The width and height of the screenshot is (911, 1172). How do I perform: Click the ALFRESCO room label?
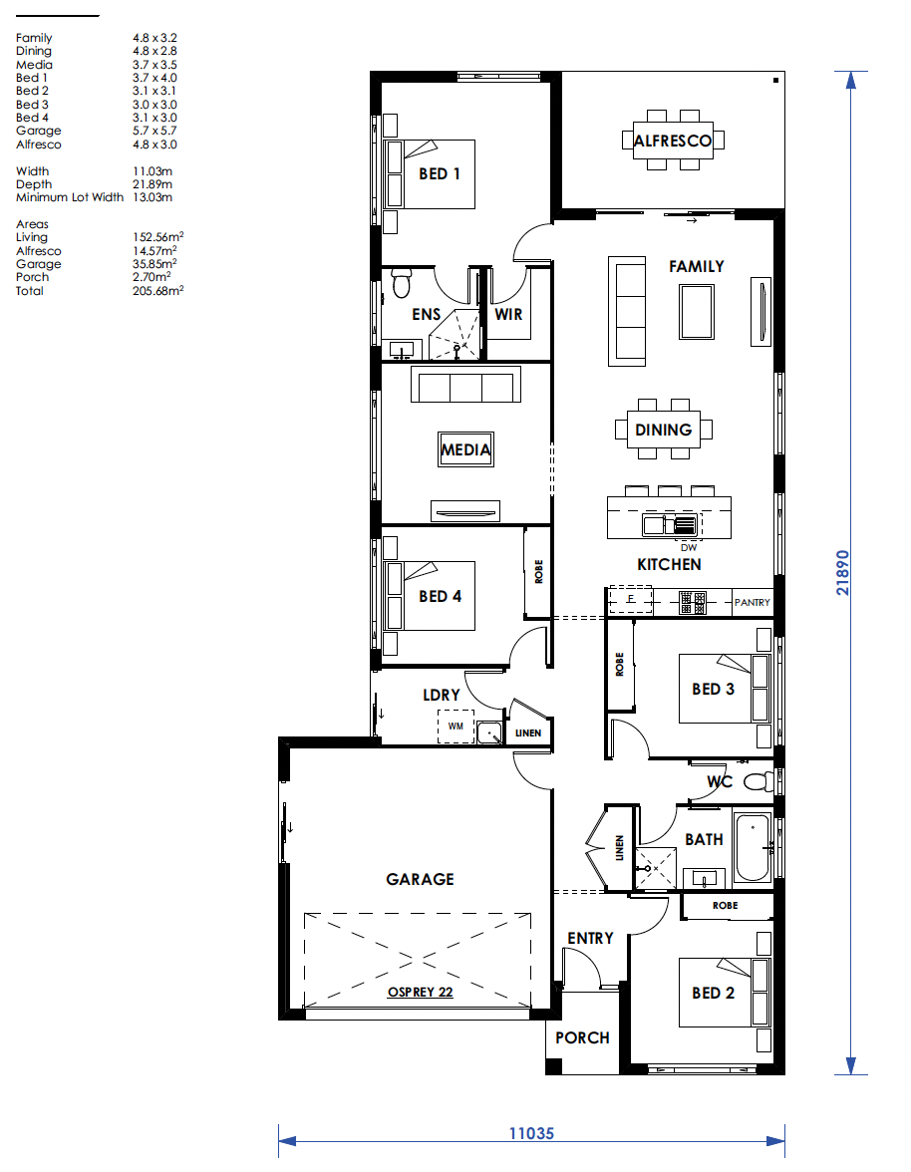[x=673, y=141]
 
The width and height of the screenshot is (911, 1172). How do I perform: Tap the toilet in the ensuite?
[x=402, y=282]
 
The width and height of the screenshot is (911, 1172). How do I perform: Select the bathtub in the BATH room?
[x=753, y=847]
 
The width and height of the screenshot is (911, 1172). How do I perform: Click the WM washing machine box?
[x=455, y=726]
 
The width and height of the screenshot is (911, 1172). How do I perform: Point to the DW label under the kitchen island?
[x=689, y=548]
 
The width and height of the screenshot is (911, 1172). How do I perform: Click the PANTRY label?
[x=752, y=602]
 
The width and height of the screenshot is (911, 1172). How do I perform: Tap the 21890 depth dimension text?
[x=843, y=572]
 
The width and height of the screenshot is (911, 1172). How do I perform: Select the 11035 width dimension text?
[x=531, y=1133]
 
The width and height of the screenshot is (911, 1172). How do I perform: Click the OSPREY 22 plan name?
[x=420, y=992]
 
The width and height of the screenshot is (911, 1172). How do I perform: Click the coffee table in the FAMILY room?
[x=697, y=313]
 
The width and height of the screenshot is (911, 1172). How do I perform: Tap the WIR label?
[x=508, y=315]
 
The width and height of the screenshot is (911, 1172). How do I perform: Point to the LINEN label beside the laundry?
[x=527, y=733]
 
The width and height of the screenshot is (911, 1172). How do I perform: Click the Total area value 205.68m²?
[x=158, y=290]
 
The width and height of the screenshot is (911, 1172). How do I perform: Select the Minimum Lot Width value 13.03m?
[x=152, y=197]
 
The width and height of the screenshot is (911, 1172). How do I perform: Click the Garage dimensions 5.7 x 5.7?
[x=154, y=130]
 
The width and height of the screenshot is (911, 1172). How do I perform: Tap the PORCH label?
[x=582, y=1037]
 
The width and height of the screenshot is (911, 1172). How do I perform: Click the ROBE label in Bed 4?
[x=539, y=572]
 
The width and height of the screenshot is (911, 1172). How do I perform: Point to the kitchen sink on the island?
[x=671, y=524]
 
